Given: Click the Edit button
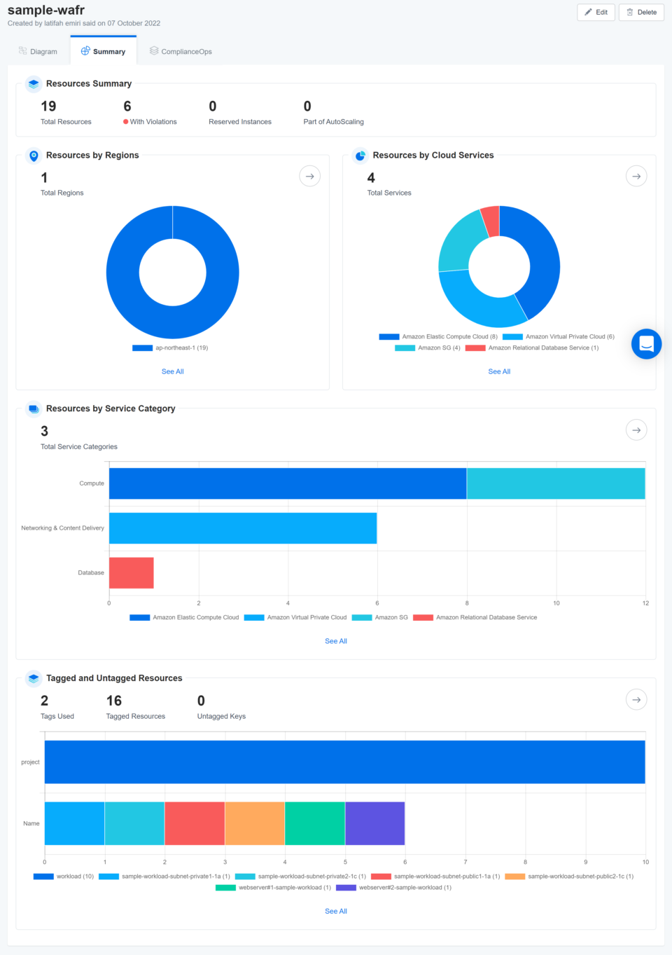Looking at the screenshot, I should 596,12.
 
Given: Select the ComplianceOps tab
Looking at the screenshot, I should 181,51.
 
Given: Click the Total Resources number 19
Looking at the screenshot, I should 48,107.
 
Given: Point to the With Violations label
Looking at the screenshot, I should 153,122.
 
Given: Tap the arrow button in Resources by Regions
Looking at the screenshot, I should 309,177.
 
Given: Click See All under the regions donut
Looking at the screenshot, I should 172,371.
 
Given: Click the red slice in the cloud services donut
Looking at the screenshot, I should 491,221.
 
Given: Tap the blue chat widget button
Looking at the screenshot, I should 646,344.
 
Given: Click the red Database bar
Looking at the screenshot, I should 131,572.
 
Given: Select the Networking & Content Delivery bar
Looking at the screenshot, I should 242,528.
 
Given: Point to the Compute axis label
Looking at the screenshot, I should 91,483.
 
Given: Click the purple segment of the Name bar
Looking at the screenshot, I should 374,823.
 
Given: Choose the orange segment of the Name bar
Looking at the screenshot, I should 255,823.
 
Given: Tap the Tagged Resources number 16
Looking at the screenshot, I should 114,701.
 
